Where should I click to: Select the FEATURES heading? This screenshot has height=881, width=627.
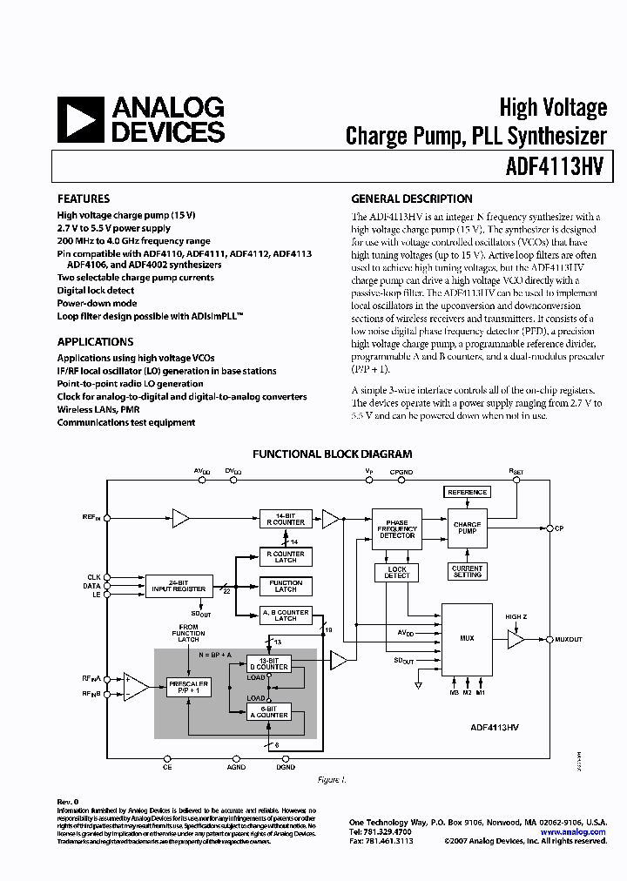pos(84,198)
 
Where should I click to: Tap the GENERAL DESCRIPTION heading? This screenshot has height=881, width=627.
pos(411,198)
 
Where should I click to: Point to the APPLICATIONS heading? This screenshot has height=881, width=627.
pos(95,342)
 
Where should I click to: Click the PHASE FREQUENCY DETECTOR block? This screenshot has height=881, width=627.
pos(397,529)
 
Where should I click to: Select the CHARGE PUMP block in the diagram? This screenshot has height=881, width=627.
pos(468,528)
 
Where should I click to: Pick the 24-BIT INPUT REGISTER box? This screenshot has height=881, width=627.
pos(179,586)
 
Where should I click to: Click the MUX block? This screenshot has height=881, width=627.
pos(467,638)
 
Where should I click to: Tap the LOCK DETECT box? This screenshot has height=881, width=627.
pos(397,572)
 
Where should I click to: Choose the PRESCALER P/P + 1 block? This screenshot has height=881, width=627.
pos(188,686)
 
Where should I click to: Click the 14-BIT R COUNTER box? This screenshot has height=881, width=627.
pos(286,519)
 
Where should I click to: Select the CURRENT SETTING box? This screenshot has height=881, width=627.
pos(468,571)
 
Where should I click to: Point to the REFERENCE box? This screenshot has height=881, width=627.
pos(468,492)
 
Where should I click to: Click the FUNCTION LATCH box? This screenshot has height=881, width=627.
pos(286,586)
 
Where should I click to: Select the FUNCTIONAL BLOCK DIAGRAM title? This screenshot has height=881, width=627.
pos(332,454)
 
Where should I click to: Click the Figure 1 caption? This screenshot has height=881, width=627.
pos(332,780)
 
